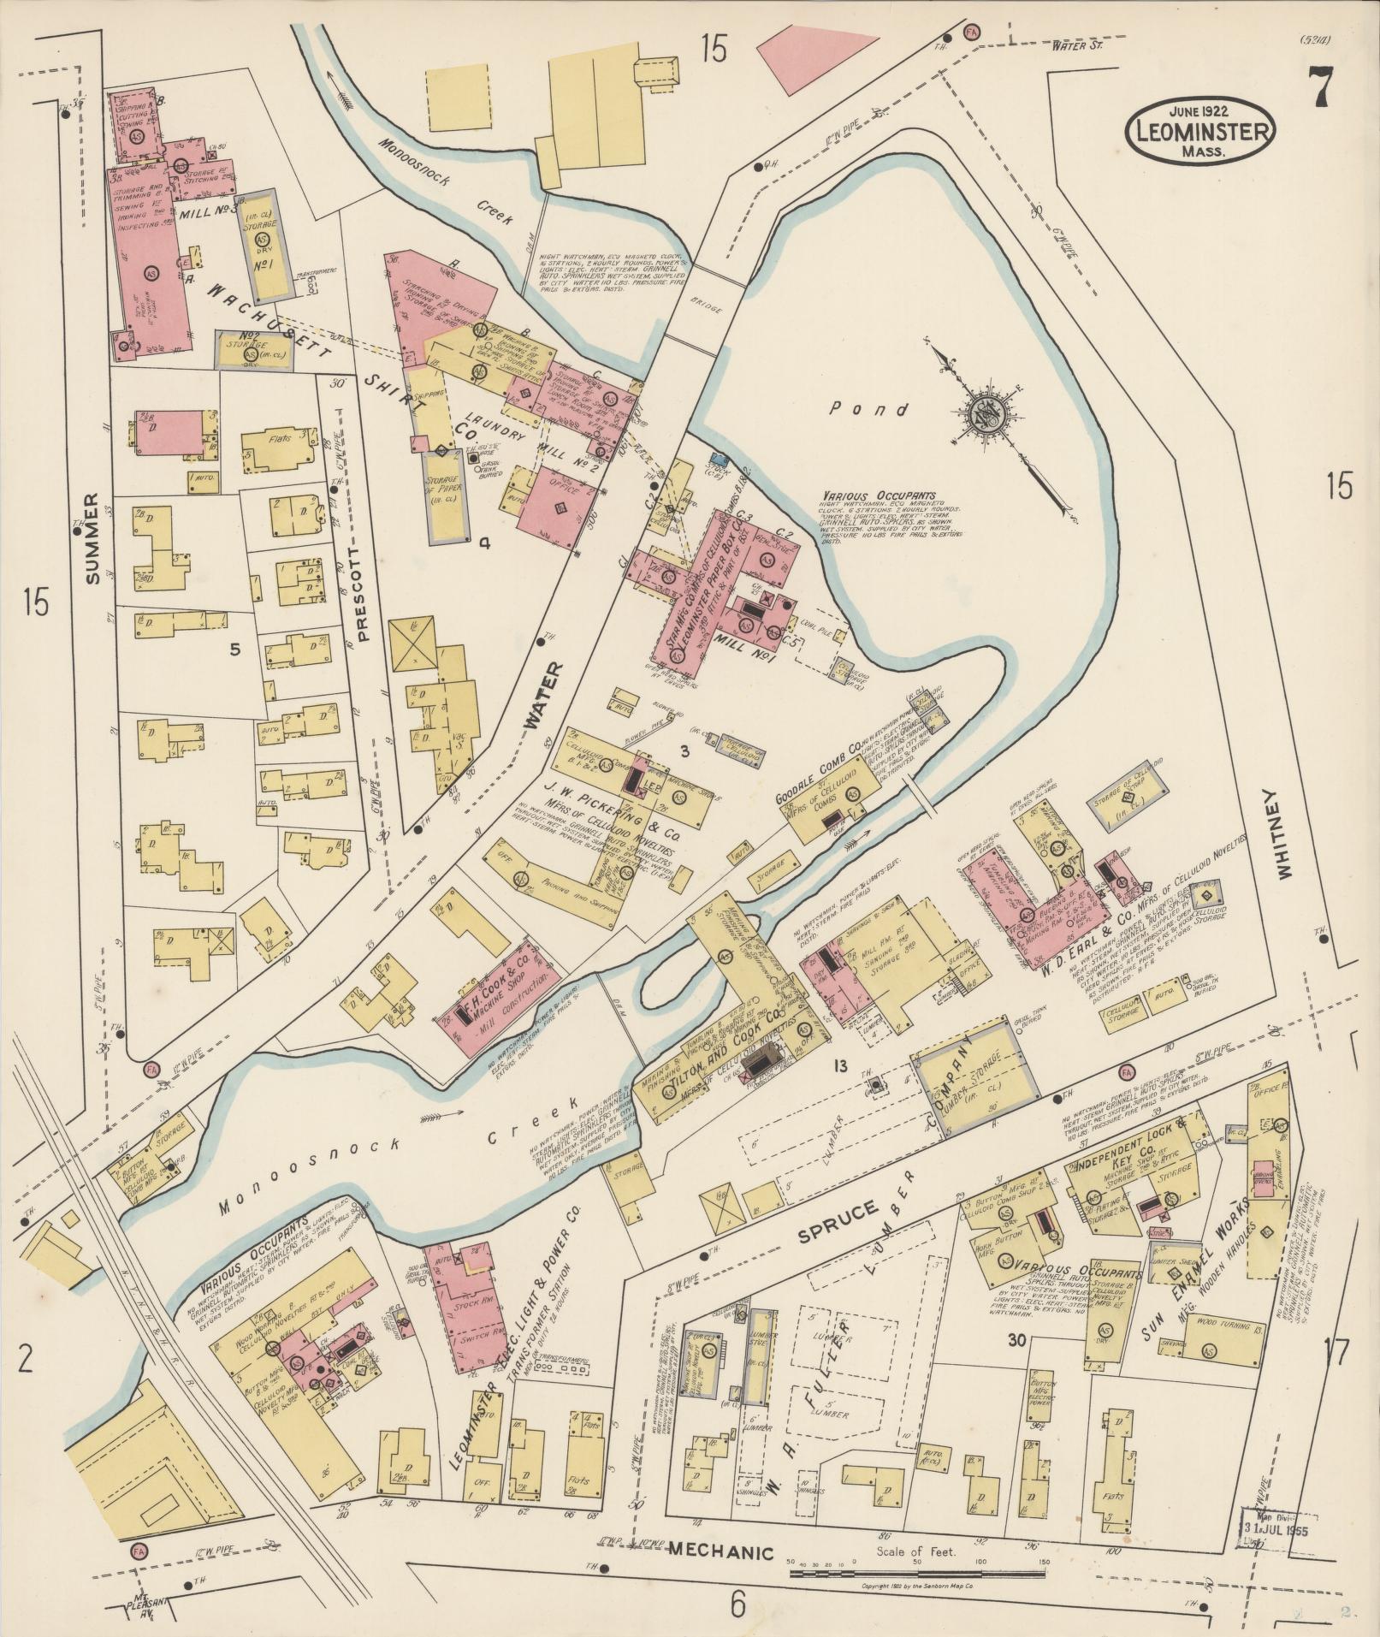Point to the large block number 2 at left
[26, 1358]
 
